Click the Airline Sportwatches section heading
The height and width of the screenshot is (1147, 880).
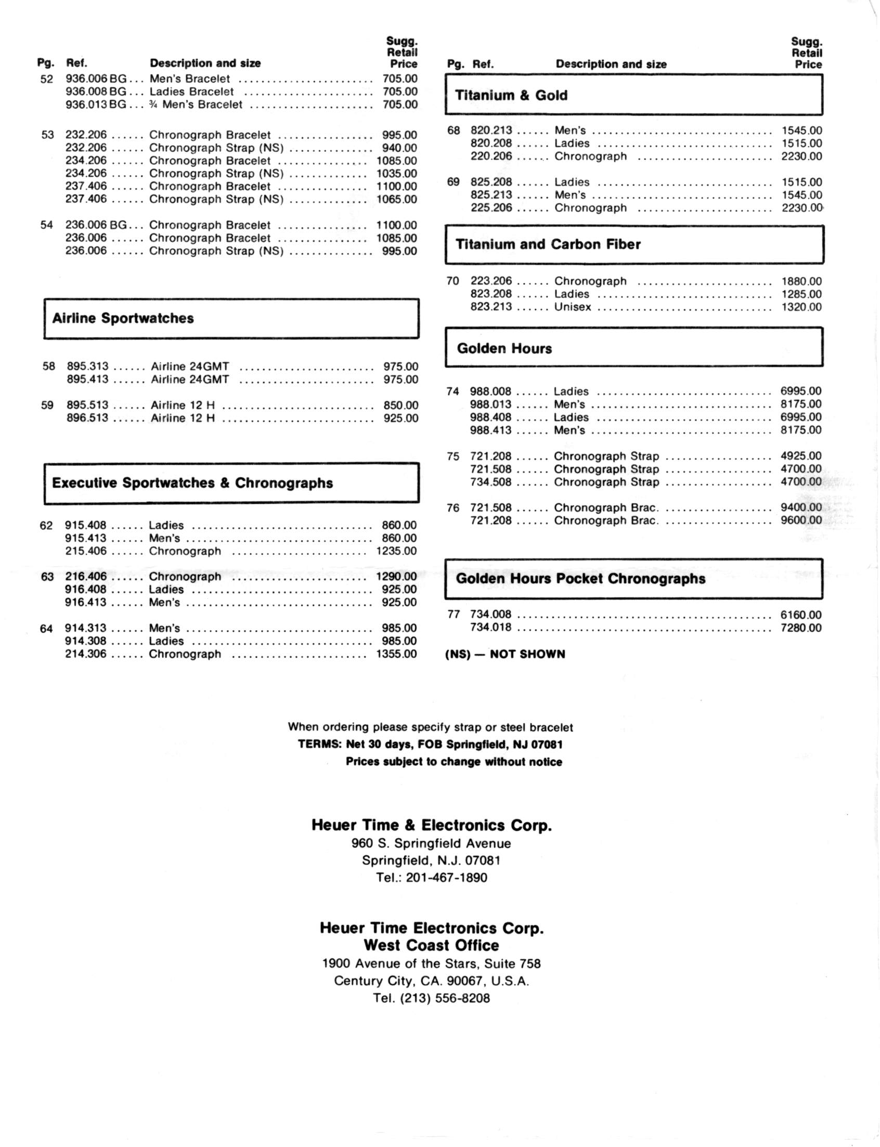tap(123, 318)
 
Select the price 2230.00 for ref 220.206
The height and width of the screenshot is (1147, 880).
tap(801, 156)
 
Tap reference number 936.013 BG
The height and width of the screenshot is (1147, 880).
tap(96, 105)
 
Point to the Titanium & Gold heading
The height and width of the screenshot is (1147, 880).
tap(511, 95)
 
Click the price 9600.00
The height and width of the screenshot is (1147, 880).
tap(801, 520)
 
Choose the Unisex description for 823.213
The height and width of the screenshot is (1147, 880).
tap(573, 307)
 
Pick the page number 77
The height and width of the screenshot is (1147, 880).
tap(453, 614)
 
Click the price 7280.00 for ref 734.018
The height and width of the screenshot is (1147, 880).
tap(800, 628)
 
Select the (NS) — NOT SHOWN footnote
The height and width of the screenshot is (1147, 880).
tap(505, 654)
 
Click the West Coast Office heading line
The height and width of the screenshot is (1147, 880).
tap(431, 945)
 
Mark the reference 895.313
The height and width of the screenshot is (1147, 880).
tap(87, 367)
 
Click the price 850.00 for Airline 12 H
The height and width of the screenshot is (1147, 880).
tap(400, 405)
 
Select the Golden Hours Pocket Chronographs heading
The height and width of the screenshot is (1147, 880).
tap(580, 579)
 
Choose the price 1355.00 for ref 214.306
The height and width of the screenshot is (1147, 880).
tap(396, 654)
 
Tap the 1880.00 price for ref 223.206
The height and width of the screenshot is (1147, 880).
tap(801, 281)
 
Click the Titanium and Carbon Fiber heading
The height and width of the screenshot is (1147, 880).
tap(548, 244)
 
